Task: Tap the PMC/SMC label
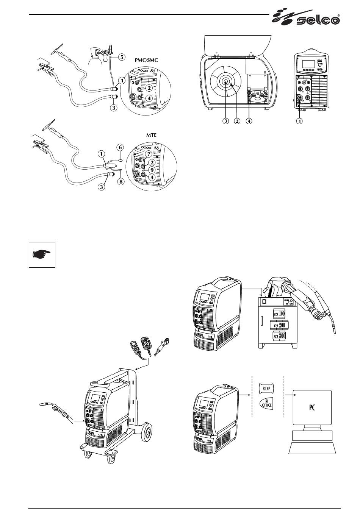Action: (149, 59)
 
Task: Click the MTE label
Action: (151, 134)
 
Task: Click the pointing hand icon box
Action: (42, 254)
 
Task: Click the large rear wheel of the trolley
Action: (146, 432)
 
